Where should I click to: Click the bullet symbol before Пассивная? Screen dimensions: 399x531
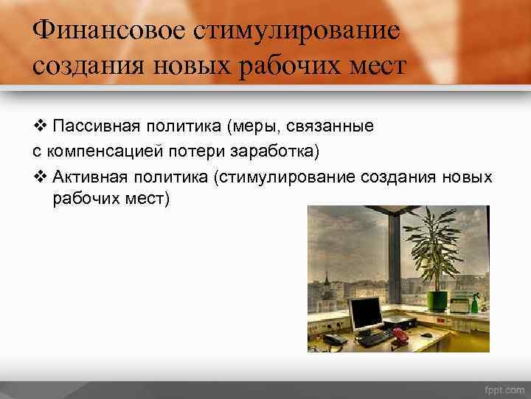click(40, 126)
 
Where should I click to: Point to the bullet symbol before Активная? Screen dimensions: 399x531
click(40, 178)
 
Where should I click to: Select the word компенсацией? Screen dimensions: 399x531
click(100, 152)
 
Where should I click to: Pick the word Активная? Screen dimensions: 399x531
click(92, 178)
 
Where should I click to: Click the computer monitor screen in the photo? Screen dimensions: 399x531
click(367, 315)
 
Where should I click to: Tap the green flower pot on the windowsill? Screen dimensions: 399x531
click(438, 301)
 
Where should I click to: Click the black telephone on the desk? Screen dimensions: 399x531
click(334, 340)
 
